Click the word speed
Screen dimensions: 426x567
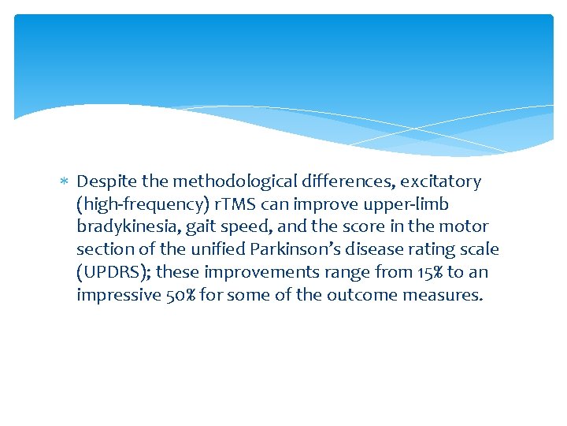tap(236, 227)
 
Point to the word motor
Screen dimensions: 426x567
tap(465, 227)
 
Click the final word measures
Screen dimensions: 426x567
tap(446, 296)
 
